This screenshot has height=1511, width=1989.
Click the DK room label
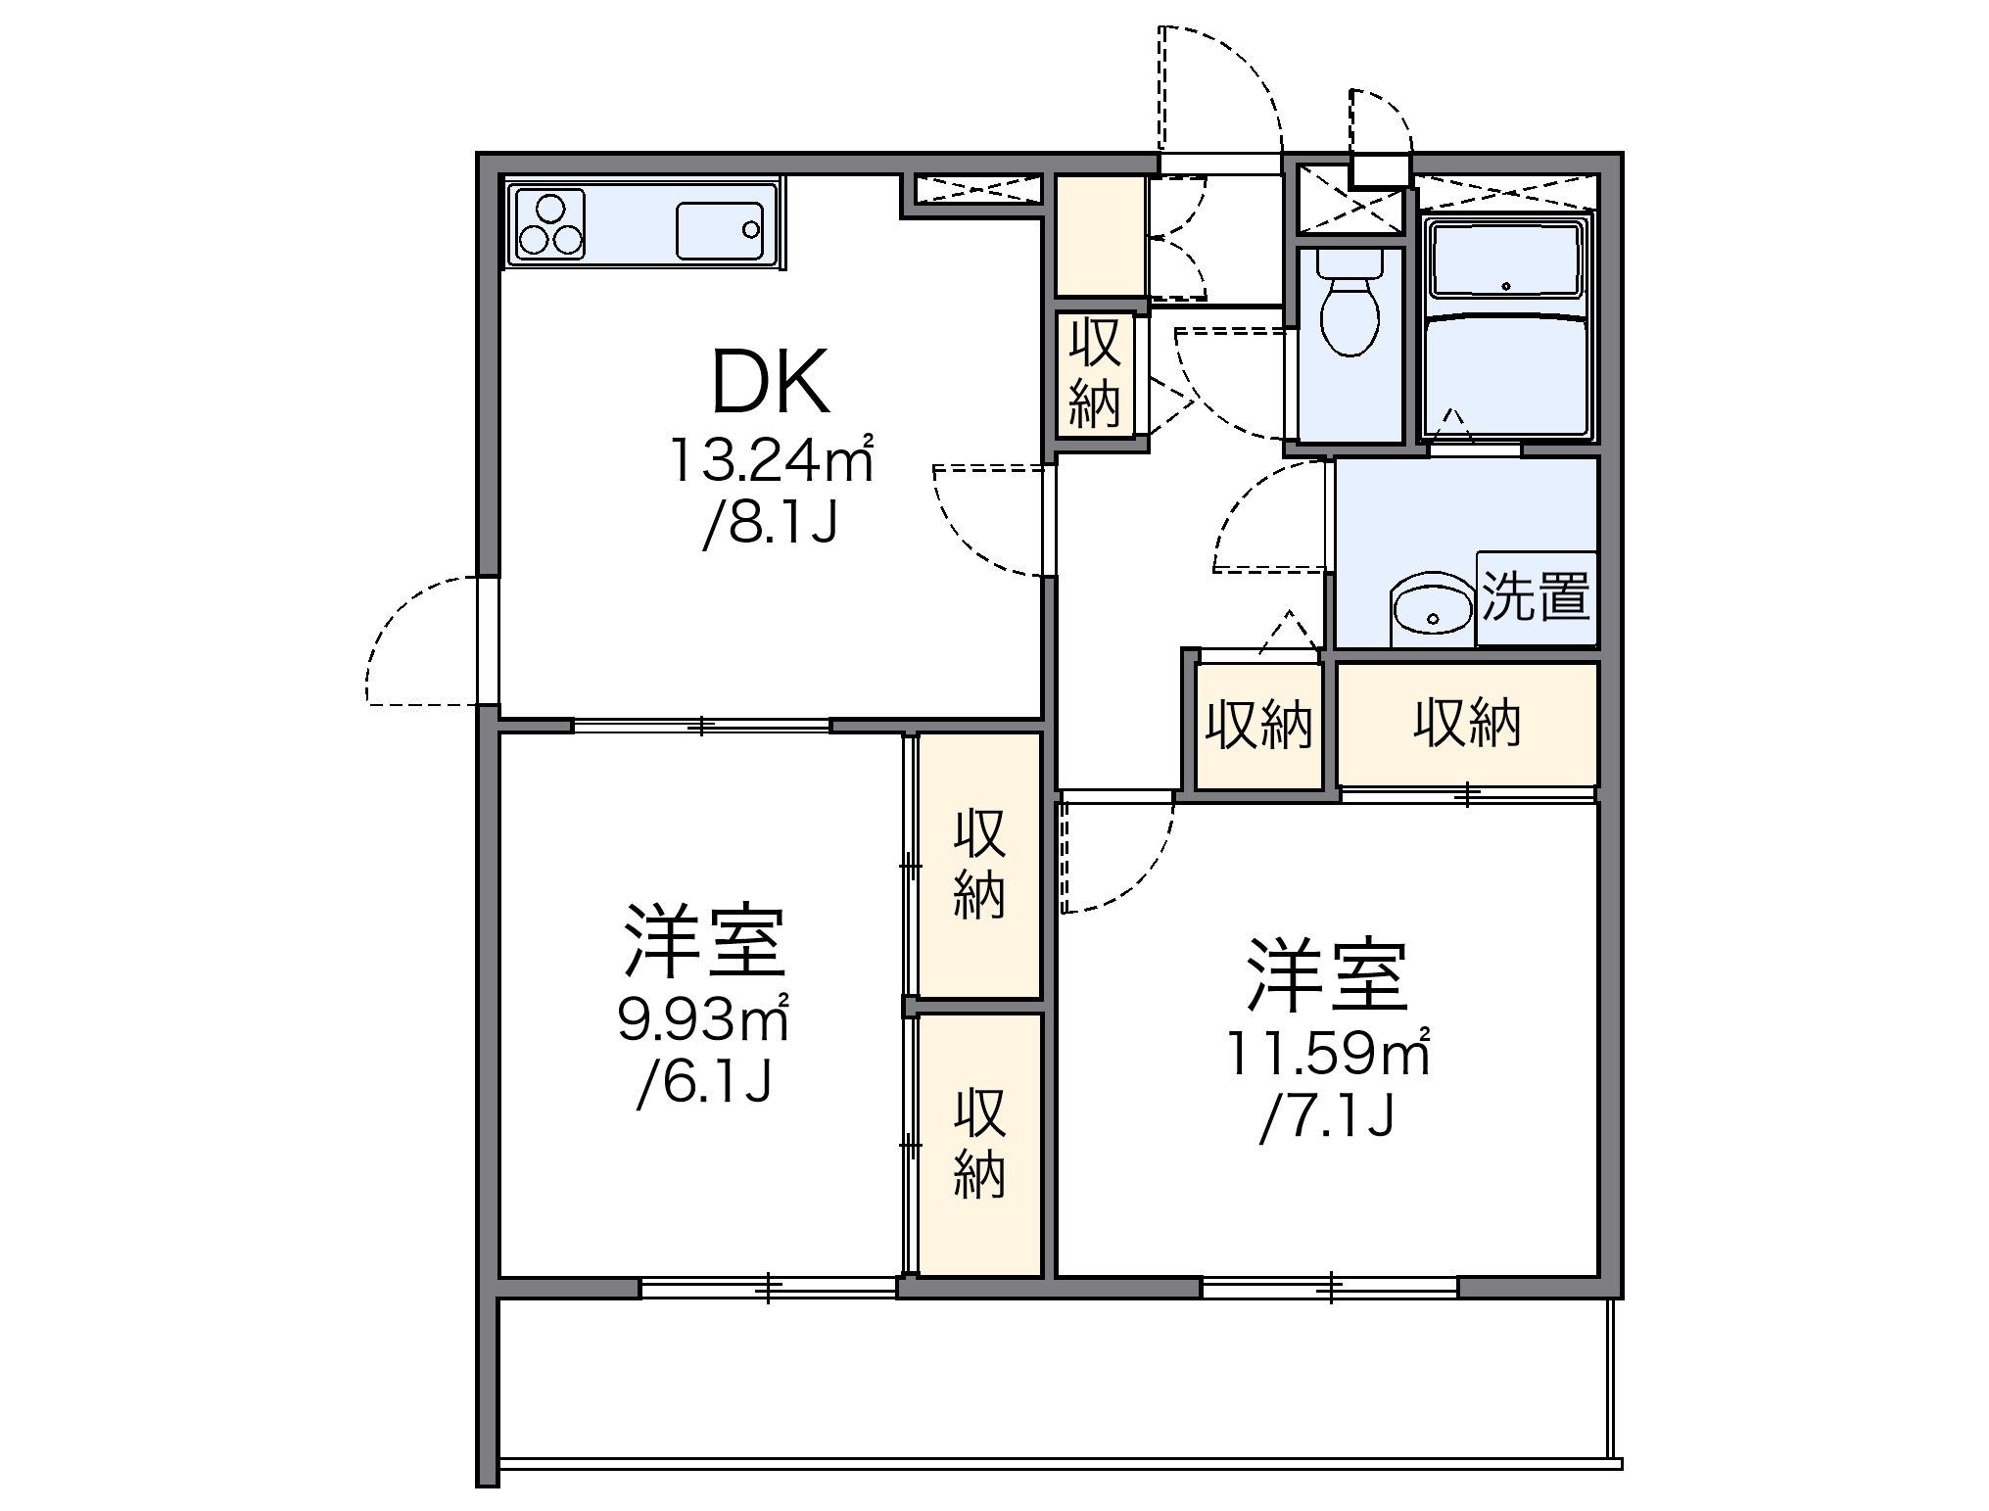(771, 383)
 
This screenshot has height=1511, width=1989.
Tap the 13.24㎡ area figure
(771, 460)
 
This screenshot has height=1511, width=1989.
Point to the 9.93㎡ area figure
(703, 1021)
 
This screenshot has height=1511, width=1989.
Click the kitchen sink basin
(719, 230)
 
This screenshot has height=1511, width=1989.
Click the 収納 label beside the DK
(1095, 374)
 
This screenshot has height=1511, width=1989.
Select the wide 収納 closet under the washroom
(1466, 725)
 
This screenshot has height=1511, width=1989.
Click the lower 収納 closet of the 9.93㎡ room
(979, 1143)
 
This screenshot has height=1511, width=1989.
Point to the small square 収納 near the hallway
(1257, 726)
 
